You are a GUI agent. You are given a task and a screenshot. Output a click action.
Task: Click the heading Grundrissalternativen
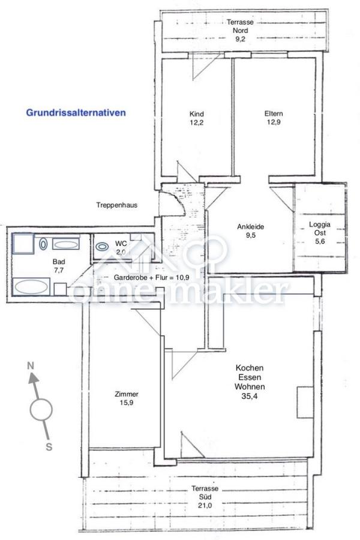pyautogui.click(x=76, y=112)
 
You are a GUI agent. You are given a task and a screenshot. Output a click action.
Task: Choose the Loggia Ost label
pyautogui.click(x=319, y=230)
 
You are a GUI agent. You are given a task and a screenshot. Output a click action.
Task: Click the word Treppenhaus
pyautogui.click(x=117, y=205)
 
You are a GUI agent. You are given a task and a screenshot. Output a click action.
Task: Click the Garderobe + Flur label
pyautogui.click(x=155, y=278)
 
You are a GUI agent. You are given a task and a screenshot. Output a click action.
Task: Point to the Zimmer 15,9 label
pyautogui.click(x=127, y=399)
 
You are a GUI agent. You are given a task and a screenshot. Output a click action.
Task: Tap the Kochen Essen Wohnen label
pyautogui.click(x=250, y=378)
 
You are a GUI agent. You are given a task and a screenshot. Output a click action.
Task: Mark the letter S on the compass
pyautogui.click(x=49, y=446)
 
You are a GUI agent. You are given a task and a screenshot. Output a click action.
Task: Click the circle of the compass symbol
pyautogui.click(x=41, y=410)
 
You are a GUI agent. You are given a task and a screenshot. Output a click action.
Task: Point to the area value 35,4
pyautogui.click(x=250, y=397)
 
